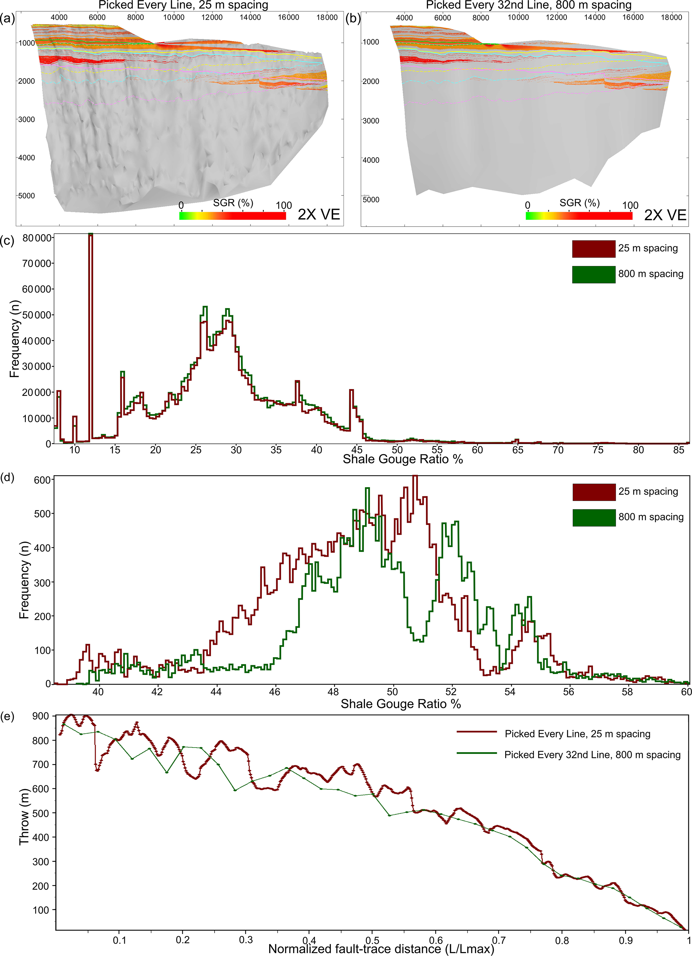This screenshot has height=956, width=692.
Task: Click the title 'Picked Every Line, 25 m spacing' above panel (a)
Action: click(x=183, y=5)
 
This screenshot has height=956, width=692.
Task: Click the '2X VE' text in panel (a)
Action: click(x=319, y=214)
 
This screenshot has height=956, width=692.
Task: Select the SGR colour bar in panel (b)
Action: click(x=579, y=216)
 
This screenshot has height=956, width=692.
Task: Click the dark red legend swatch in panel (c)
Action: click(x=593, y=249)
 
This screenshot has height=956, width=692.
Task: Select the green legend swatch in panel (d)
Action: click(x=594, y=518)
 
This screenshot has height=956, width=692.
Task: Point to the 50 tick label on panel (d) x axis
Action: click(x=392, y=692)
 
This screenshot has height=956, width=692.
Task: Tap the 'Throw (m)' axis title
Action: click(x=24, y=816)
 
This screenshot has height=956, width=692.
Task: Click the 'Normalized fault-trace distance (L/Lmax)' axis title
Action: click(x=381, y=949)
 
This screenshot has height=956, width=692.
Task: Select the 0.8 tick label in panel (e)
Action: click(x=562, y=940)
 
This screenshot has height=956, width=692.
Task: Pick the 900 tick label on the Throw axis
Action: click(x=41, y=716)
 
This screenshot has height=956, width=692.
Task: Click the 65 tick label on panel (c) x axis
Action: click(x=518, y=450)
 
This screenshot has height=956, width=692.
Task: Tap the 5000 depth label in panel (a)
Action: click(x=26, y=196)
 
